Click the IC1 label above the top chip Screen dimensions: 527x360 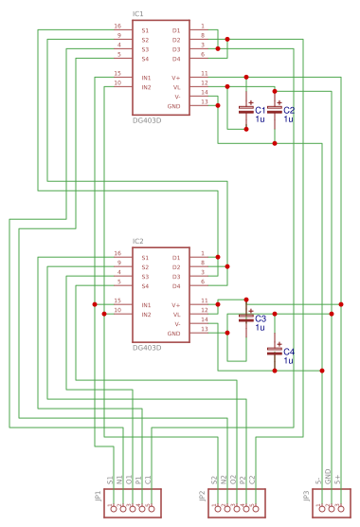(138, 14)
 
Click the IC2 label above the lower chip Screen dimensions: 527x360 (138, 242)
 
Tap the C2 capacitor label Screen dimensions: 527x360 (289, 111)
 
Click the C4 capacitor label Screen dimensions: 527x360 (289, 352)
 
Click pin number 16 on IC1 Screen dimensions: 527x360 (117, 27)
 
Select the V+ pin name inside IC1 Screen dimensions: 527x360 (175, 78)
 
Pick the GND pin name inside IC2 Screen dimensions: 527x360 (173, 334)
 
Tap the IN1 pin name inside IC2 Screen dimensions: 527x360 (147, 305)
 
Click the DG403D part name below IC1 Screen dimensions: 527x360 (147, 121)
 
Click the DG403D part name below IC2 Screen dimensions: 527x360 (147, 348)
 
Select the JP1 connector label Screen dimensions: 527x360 (98, 495)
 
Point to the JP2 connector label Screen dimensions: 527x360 (202, 495)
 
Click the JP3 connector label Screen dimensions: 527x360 (306, 495)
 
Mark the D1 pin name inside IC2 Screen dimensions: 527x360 (175, 258)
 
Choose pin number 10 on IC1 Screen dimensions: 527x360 (117, 82)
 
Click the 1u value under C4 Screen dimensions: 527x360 (289, 360)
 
